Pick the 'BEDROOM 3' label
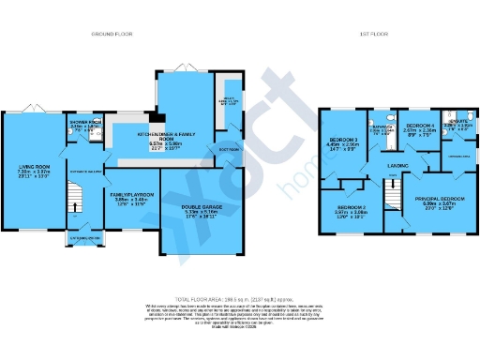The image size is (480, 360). pos(343,140)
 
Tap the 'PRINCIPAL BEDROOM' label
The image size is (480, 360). pos(439,199)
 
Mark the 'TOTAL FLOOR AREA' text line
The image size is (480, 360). pos(239,296)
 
